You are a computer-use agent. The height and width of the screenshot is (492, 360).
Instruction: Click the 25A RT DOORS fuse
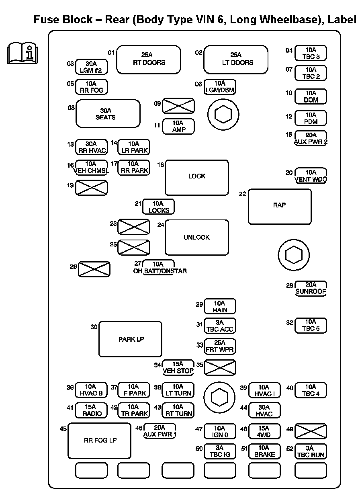tap(149, 59)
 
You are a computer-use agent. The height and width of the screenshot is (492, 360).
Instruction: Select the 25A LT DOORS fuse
tap(236, 59)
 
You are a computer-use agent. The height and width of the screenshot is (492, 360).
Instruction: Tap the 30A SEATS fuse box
tap(108, 114)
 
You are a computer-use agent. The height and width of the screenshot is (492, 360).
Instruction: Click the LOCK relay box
tap(197, 177)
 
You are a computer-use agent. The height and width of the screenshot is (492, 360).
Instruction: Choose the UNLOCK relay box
tap(197, 238)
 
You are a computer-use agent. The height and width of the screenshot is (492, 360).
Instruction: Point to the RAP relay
tap(280, 206)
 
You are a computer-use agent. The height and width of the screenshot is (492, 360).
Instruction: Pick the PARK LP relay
tap(131, 339)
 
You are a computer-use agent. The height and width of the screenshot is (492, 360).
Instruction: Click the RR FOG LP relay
tap(100, 440)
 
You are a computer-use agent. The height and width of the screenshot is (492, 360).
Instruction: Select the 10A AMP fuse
tap(178, 127)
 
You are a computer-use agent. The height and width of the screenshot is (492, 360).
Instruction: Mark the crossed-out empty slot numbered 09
tap(178, 106)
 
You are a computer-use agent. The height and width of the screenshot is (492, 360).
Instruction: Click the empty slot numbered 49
tap(311, 431)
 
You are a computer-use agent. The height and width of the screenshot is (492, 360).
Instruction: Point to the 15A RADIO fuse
tap(92, 410)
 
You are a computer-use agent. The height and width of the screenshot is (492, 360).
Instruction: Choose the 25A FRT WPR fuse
tap(220, 346)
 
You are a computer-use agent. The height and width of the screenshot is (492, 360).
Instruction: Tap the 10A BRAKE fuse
tap(264, 451)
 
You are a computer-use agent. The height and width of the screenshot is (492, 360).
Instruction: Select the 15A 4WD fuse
tap(264, 431)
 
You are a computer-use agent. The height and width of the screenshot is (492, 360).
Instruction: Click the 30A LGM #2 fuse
tap(92, 67)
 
